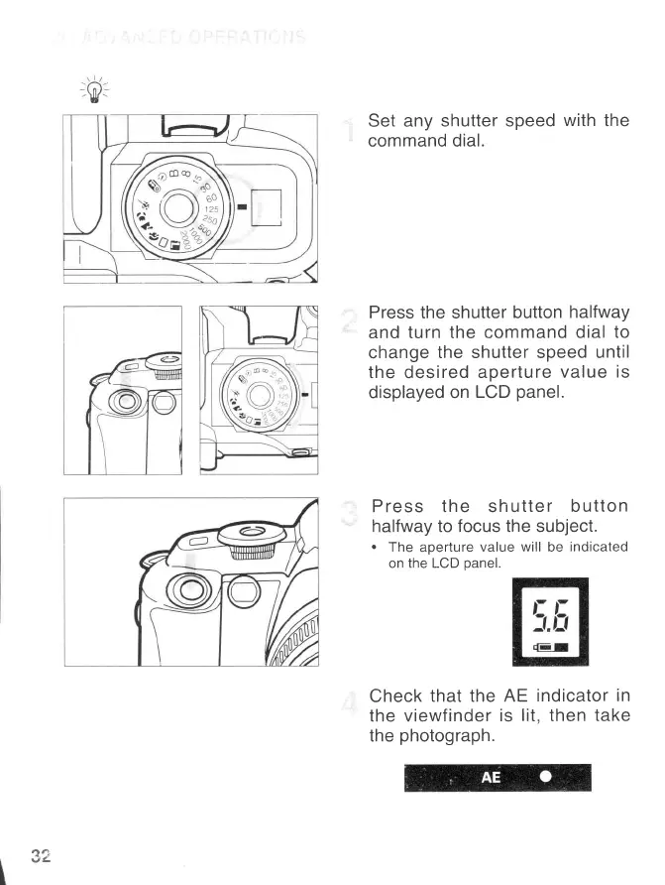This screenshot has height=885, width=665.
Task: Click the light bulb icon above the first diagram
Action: (94, 92)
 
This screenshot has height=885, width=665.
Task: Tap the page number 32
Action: (42, 854)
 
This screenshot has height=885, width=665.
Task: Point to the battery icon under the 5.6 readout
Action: (549, 647)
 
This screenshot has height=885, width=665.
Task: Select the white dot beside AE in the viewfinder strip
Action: (545, 777)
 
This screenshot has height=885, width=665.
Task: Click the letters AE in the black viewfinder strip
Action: (491, 777)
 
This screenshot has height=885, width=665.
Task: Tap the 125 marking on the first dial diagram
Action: (211, 209)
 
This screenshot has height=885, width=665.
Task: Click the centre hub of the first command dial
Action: (178, 207)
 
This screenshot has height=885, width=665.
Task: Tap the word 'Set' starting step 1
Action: (383, 121)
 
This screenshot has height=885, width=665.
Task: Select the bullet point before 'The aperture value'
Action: (375, 548)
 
